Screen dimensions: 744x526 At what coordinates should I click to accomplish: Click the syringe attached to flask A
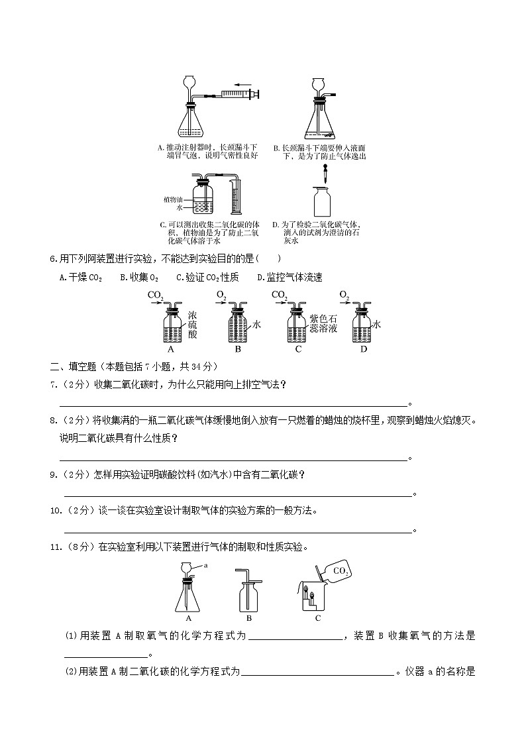(240, 97)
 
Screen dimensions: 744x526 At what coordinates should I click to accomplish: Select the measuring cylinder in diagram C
(236, 193)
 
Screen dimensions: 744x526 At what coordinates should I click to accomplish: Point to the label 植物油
(174, 199)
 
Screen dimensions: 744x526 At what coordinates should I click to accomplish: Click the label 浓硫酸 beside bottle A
(193, 324)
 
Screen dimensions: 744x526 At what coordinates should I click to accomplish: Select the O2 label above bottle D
(344, 294)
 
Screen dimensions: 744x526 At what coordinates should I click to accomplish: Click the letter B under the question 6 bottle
(238, 349)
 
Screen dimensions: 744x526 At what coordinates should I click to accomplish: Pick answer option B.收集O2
(139, 278)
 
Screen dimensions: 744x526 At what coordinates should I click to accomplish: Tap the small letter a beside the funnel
(206, 565)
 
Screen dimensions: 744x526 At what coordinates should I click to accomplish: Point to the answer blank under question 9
(237, 494)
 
